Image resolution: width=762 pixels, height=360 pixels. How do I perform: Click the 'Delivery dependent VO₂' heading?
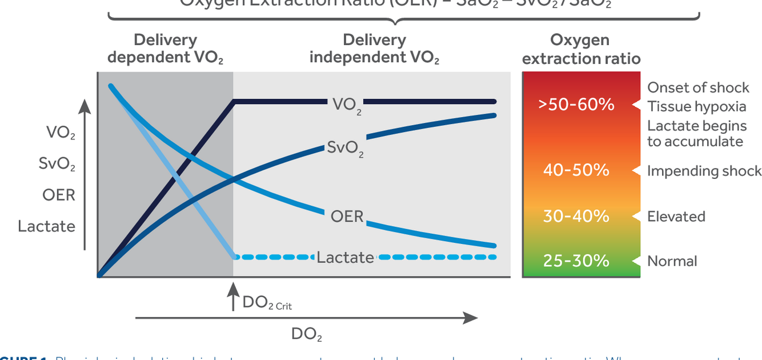(x=165, y=49)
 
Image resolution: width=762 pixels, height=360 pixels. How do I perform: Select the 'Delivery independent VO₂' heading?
(x=374, y=49)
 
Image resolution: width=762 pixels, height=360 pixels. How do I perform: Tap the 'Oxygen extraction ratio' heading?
(x=581, y=50)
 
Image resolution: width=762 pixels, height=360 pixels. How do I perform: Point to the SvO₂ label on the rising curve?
(x=345, y=148)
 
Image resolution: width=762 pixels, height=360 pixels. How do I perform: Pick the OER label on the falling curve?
(x=347, y=217)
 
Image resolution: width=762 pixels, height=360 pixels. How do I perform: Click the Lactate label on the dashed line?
(x=346, y=258)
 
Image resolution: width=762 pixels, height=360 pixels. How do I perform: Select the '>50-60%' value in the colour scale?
(x=576, y=105)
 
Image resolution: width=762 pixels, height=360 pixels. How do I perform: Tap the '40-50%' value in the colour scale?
(x=576, y=170)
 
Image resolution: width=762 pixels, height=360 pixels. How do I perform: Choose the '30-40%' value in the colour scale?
(x=576, y=217)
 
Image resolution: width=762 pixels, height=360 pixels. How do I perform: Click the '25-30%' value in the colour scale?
(x=576, y=261)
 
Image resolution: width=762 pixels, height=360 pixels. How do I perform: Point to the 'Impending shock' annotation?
(x=704, y=171)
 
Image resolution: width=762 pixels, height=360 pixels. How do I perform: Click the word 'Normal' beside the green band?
(x=672, y=261)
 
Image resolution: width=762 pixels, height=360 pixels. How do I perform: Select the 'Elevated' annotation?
(x=676, y=217)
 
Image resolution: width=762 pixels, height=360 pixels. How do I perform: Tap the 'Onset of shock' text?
(x=698, y=87)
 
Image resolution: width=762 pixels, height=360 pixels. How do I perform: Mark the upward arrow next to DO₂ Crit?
(x=233, y=297)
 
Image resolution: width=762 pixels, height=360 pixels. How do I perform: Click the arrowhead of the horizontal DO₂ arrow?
(x=471, y=318)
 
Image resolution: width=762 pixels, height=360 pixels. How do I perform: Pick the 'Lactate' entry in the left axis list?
(x=46, y=226)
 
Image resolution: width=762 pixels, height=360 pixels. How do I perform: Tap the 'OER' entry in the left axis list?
(x=58, y=195)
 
